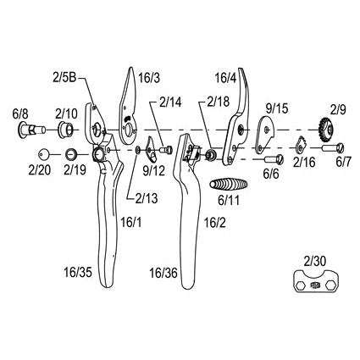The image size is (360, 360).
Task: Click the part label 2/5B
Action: click(x=64, y=77)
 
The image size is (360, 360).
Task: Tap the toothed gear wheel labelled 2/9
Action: click(x=328, y=130)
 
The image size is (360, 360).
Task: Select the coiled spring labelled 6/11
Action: click(x=229, y=185)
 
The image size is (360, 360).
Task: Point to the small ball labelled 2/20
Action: click(x=43, y=154)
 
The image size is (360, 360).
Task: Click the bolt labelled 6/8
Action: click(x=31, y=130)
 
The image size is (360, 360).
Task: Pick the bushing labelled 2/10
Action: click(x=66, y=130)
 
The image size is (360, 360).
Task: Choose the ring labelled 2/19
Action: click(x=71, y=154)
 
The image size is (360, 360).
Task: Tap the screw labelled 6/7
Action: click(x=333, y=147)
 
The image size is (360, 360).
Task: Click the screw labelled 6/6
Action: click(x=274, y=159)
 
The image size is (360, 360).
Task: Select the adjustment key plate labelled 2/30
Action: click(x=316, y=281)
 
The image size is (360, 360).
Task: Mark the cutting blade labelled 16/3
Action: click(x=129, y=106)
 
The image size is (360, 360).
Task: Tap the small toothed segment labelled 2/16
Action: click(x=301, y=144)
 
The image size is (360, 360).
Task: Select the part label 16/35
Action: click(x=78, y=273)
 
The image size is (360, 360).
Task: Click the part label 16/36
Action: click(x=163, y=273)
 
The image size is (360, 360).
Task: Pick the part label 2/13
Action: click(x=147, y=198)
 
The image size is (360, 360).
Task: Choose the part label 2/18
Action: click(x=218, y=102)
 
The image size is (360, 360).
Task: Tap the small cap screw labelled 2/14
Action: click(x=166, y=149)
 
